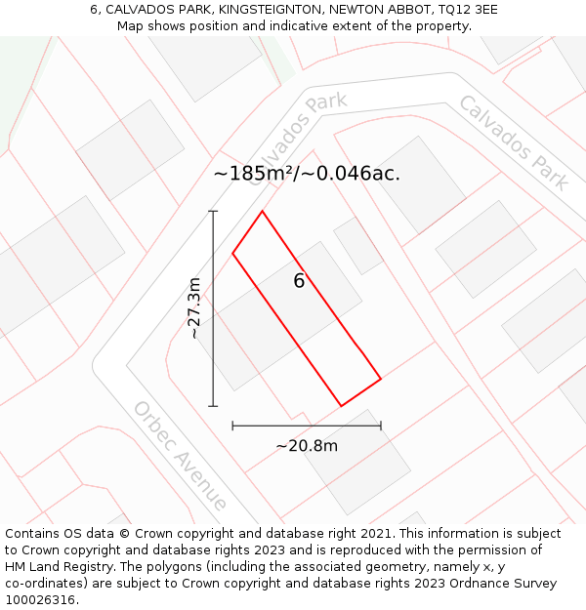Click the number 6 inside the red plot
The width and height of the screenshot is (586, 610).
299,281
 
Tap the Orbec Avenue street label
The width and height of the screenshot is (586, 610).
181,456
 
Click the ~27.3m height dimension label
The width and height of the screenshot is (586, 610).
194,308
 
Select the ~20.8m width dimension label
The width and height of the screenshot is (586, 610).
307,446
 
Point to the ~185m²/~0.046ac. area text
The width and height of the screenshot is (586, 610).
307,174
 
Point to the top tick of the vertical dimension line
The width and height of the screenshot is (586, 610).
213,211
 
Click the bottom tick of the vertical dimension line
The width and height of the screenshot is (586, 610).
213,406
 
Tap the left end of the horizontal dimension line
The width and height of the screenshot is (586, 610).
232,426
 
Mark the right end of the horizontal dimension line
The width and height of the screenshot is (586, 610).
381,426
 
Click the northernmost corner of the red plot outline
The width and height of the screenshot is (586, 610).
262,211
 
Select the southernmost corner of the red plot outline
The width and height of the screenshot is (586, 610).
341,406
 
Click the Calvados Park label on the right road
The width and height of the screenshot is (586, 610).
513,142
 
